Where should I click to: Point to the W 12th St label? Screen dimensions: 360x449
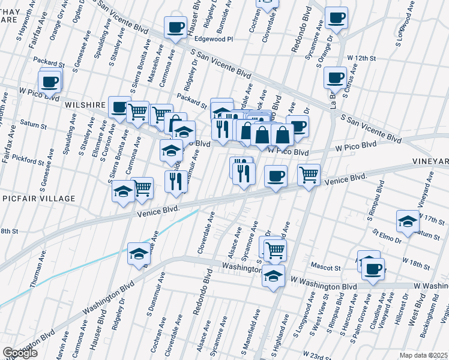point(361,58)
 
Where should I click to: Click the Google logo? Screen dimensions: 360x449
point(20,353)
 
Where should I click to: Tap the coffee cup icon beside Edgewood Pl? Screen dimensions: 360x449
point(176,27)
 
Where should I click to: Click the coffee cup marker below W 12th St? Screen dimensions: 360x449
point(335,77)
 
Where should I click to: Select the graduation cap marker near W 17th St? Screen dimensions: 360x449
point(407,221)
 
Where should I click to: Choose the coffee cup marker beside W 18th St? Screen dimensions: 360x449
point(373,268)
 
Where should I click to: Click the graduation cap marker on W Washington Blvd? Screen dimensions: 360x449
point(273,276)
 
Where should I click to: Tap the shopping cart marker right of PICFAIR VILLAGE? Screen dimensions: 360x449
point(142,188)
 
